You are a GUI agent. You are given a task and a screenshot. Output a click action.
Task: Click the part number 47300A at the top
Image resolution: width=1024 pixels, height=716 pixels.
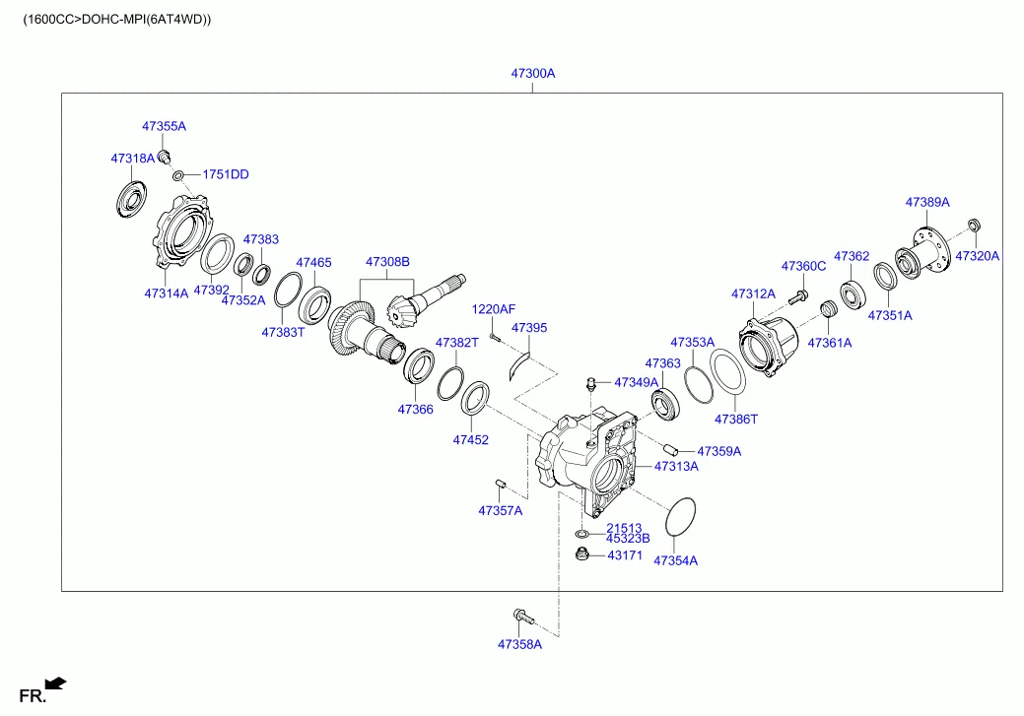(532, 74)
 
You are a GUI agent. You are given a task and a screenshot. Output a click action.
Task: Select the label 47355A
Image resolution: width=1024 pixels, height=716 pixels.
(164, 126)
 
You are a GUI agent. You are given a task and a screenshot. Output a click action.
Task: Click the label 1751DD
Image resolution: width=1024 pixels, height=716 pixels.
(226, 174)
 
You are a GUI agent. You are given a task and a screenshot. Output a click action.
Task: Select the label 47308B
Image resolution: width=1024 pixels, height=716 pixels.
(387, 262)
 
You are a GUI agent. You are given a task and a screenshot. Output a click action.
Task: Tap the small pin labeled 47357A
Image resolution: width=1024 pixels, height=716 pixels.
(500, 483)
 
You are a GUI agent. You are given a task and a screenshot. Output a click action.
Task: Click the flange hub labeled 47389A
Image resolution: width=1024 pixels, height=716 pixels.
(923, 246)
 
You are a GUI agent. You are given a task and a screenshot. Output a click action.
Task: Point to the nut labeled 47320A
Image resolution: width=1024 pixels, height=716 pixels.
(973, 227)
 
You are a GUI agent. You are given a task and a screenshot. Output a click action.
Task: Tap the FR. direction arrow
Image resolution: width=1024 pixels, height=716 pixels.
(56, 682)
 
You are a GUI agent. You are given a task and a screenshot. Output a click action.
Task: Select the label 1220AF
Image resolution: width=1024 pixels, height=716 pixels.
(493, 309)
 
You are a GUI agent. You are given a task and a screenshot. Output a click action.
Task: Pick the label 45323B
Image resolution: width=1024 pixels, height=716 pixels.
(628, 539)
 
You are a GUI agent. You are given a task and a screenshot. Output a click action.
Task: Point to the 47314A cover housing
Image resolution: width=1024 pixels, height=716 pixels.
(181, 235)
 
